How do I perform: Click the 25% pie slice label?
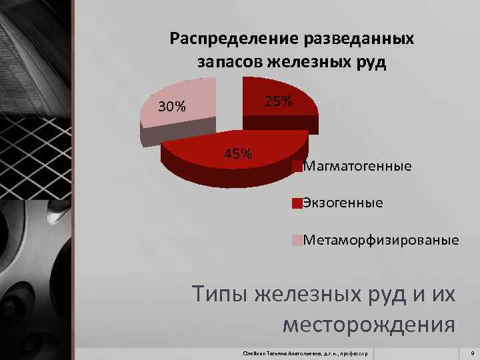(x=278, y=101)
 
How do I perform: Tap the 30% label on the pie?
(x=172, y=107)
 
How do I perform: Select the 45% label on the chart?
(x=238, y=154)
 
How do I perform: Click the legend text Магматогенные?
(x=357, y=166)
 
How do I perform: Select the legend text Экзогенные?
(x=343, y=203)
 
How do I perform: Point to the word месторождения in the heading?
(x=369, y=325)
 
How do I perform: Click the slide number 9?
(x=471, y=352)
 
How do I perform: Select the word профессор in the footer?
(x=359, y=352)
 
